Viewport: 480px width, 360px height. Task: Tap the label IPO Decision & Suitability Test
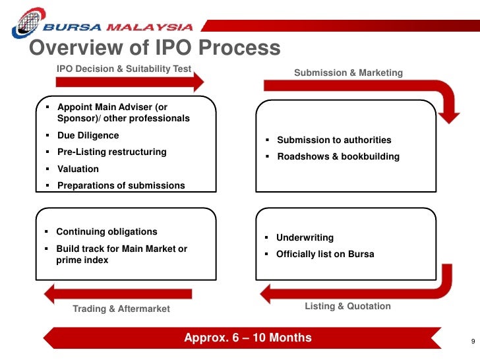pos(124,69)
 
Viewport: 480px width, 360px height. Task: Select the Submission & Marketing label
pos(348,73)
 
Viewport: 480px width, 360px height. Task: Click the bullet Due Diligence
pos(88,135)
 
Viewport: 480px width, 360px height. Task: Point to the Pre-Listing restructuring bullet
pos(111,152)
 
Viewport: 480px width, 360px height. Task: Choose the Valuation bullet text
pos(78,169)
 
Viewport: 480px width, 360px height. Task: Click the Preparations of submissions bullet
pos(121,185)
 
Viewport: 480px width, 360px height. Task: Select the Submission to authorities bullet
pos(334,140)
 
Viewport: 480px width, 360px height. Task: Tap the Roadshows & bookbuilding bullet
pos(338,157)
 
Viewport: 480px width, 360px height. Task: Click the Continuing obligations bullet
pos(106,231)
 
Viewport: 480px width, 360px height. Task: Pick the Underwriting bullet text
pos(305,237)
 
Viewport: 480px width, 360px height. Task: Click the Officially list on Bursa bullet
pos(324,254)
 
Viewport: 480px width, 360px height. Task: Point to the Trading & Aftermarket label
pos(121,309)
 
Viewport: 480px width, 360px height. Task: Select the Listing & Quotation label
pos(347,306)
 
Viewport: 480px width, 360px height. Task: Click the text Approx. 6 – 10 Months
pos(248,338)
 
